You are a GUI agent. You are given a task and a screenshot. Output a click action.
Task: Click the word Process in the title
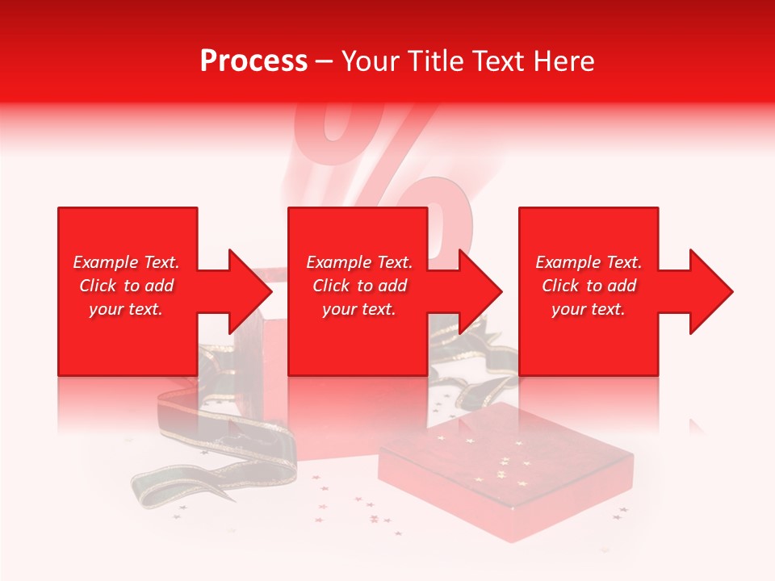253,61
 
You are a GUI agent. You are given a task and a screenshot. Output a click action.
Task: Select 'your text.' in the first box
126,309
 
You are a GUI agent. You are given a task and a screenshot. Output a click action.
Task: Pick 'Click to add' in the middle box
359,286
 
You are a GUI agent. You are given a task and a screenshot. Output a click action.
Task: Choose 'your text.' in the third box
589,309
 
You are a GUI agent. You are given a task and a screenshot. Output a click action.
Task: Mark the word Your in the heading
370,61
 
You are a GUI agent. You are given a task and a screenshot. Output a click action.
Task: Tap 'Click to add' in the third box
589,286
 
